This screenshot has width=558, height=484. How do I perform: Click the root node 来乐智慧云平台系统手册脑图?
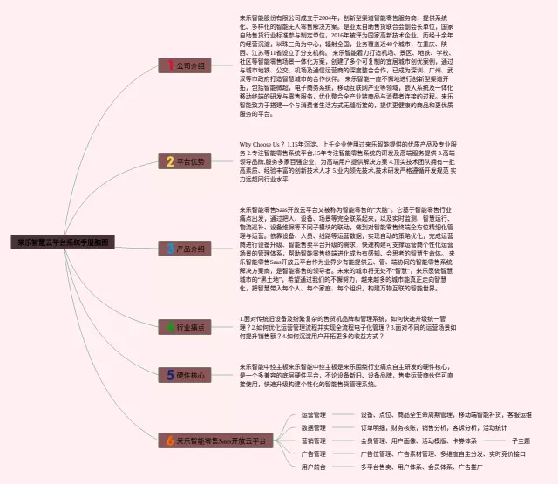[x=62, y=243]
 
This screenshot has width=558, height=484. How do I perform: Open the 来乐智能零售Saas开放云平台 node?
[x=218, y=441]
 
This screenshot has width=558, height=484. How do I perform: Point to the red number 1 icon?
[x=170, y=65]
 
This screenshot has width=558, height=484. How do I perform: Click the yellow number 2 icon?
[x=170, y=161]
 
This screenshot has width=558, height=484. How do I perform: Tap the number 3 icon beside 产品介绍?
[x=170, y=249]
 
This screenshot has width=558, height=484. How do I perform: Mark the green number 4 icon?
[x=170, y=327]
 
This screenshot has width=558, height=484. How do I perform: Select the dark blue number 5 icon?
[x=170, y=375]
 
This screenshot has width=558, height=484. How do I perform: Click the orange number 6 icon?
[x=170, y=441]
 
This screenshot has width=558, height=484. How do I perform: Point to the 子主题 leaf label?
[x=521, y=440]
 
